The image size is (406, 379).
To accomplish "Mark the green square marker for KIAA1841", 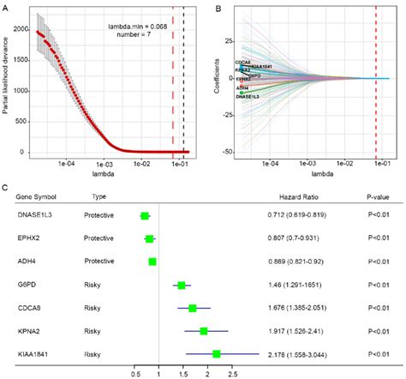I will [x=217, y=352].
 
